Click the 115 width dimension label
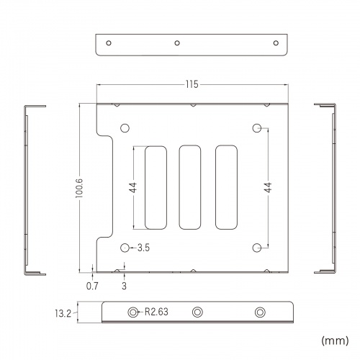pos(191,85)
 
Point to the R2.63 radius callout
pos(156,312)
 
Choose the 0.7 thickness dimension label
pos(92,286)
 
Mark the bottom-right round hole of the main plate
pos(258,248)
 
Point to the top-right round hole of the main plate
pos(258,129)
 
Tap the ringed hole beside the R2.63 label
pos(133,312)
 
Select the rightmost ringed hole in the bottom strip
pos(260,312)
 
